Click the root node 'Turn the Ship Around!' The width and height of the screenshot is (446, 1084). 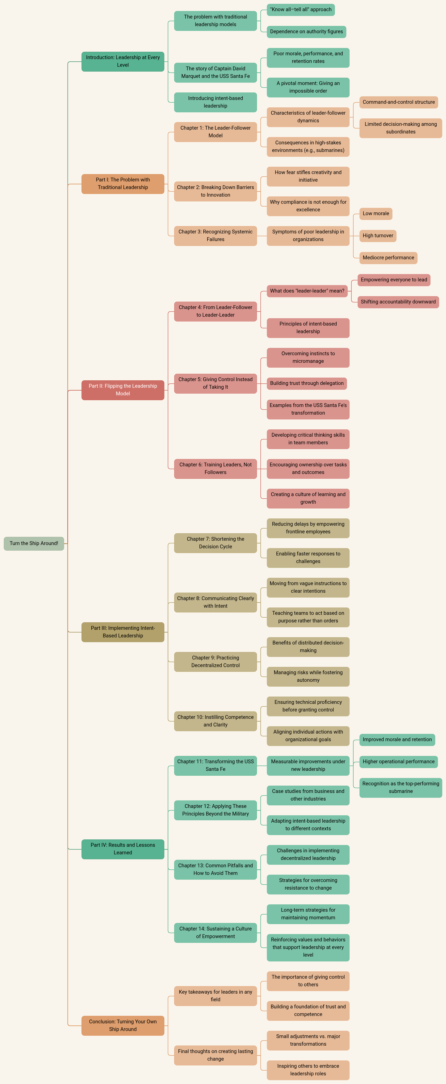34,543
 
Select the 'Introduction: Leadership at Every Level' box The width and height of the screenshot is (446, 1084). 123,61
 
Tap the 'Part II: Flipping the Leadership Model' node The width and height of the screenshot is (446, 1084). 123,390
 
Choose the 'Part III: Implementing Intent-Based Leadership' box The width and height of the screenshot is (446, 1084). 123,632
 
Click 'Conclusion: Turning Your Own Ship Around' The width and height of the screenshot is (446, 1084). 123,1025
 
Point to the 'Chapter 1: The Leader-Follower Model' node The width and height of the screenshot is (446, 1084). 215,132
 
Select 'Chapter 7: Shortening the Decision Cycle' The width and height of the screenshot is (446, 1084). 215,543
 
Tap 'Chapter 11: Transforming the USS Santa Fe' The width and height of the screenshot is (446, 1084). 215,765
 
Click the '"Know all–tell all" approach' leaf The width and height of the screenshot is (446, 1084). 301,10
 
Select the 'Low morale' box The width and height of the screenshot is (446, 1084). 376,213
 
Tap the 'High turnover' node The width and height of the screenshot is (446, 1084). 378,236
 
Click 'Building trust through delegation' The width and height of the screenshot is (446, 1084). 307,383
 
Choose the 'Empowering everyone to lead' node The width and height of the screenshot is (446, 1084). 394,280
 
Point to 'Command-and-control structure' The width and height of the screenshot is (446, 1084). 399,102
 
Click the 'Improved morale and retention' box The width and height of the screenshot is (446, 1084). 397,739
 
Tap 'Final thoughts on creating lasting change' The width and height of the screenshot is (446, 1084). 215,1055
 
